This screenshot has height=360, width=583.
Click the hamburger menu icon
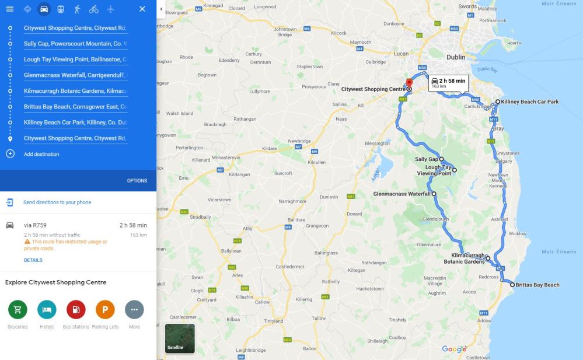pyautogui.click(x=9, y=9)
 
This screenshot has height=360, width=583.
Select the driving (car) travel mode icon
pyautogui.click(x=44, y=9)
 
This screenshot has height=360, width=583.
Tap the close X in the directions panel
pyautogui.click(x=142, y=9)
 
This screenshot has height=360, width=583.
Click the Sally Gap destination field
pyautogui.click(x=75, y=43)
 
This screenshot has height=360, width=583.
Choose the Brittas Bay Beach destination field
pyautogui.click(x=75, y=107)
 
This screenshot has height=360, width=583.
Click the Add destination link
pyautogui.click(x=41, y=154)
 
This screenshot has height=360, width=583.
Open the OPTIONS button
pyautogui.click(x=137, y=181)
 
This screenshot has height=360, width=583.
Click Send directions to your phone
pyautogui.click(x=57, y=202)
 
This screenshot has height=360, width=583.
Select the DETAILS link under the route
pyautogui.click(x=33, y=260)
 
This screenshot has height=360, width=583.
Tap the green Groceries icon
pyautogui.click(x=18, y=309)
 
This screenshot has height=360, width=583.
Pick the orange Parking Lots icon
pyautogui.click(x=105, y=309)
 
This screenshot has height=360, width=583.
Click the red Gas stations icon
pyautogui.click(x=76, y=309)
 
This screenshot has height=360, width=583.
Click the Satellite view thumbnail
pyautogui.click(x=180, y=338)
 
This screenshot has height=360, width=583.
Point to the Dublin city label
pyautogui.click(x=456, y=57)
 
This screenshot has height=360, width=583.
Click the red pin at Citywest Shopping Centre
pyautogui.click(x=409, y=82)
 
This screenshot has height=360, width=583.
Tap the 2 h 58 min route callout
pyautogui.click(x=448, y=83)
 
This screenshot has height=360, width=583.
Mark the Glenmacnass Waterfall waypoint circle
pyautogui.click(x=434, y=193)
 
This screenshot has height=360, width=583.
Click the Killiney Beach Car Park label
pyautogui.click(x=529, y=102)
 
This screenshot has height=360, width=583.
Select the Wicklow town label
pyautogui.click(x=518, y=233)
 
